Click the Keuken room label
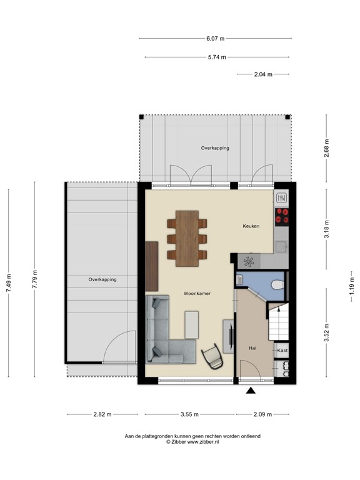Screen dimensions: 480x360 coord(251,226)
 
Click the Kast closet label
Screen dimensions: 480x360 coord(282,351)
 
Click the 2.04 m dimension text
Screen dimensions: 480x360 coord(263,74)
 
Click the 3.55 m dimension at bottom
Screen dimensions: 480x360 coord(189,414)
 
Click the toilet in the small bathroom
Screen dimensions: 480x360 coord(277,284)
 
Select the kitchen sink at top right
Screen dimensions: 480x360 coord(282,198)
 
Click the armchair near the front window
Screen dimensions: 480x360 coord(213,356)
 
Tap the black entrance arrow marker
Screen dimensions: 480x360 coord(251,391)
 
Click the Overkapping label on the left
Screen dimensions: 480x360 coord(102,279)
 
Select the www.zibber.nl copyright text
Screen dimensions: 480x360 coord(192,442)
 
